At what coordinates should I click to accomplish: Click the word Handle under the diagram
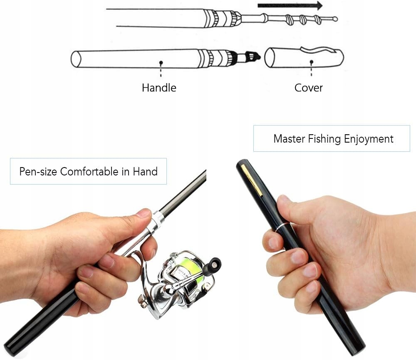[x=159, y=88]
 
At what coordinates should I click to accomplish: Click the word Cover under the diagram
[x=308, y=88]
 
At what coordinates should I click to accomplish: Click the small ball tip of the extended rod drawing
[x=335, y=19]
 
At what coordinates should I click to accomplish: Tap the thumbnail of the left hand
[x=143, y=214]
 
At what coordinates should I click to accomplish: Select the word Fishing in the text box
[x=325, y=139]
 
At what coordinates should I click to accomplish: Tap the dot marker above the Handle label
[x=161, y=63]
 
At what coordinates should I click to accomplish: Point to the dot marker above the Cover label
[x=311, y=63]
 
